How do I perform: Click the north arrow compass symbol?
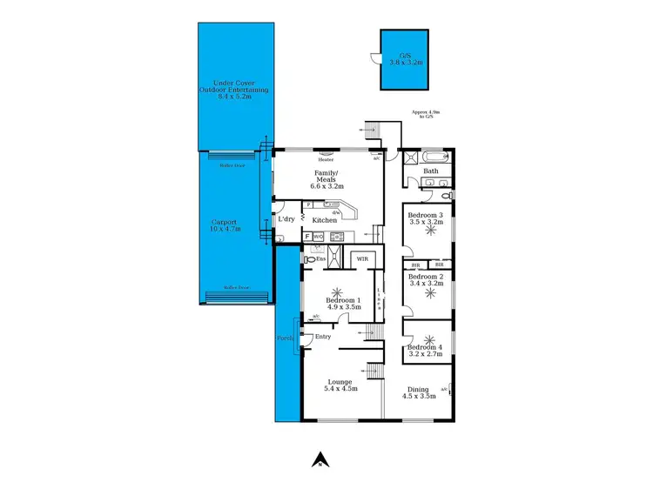point(320,459)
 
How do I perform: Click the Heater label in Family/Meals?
point(326,160)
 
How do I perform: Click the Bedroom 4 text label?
point(426,348)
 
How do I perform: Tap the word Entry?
point(323,337)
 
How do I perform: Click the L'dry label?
point(286,220)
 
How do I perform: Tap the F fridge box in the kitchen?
point(306,236)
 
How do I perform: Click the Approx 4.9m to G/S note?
point(426,114)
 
